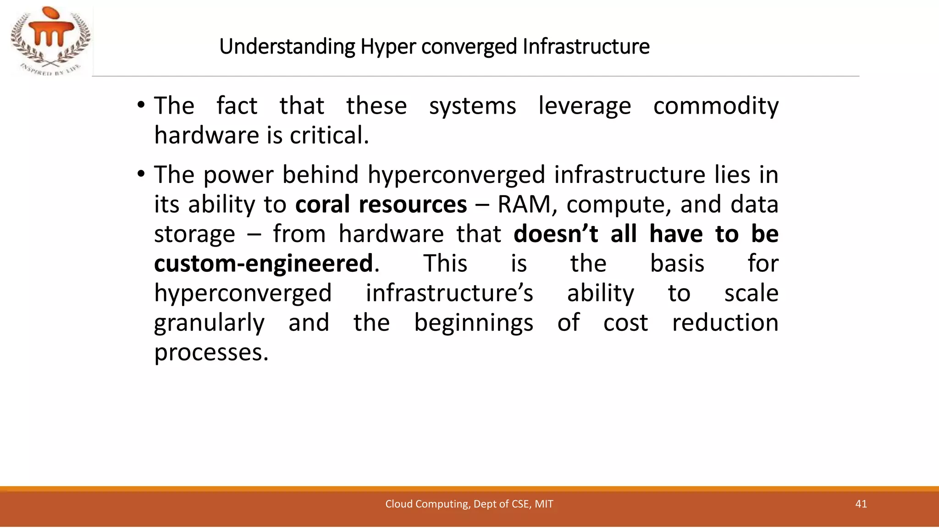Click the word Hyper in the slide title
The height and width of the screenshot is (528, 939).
387,47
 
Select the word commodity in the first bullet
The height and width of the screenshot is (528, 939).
715,106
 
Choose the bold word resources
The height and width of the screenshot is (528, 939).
413,204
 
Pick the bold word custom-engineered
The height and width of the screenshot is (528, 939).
264,264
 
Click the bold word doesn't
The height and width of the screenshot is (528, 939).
556,234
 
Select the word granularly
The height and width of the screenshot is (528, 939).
209,323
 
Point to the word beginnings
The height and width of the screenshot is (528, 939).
474,323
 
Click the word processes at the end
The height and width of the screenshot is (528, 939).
211,352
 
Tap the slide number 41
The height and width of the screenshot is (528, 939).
861,504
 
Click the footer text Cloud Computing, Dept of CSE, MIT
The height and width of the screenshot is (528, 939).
469,504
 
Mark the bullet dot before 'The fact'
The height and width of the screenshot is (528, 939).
141,106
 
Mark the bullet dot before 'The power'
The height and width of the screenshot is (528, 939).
141,175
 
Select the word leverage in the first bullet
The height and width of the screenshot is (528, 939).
585,106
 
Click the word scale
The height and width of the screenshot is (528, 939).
751,293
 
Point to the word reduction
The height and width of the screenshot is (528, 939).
725,323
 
